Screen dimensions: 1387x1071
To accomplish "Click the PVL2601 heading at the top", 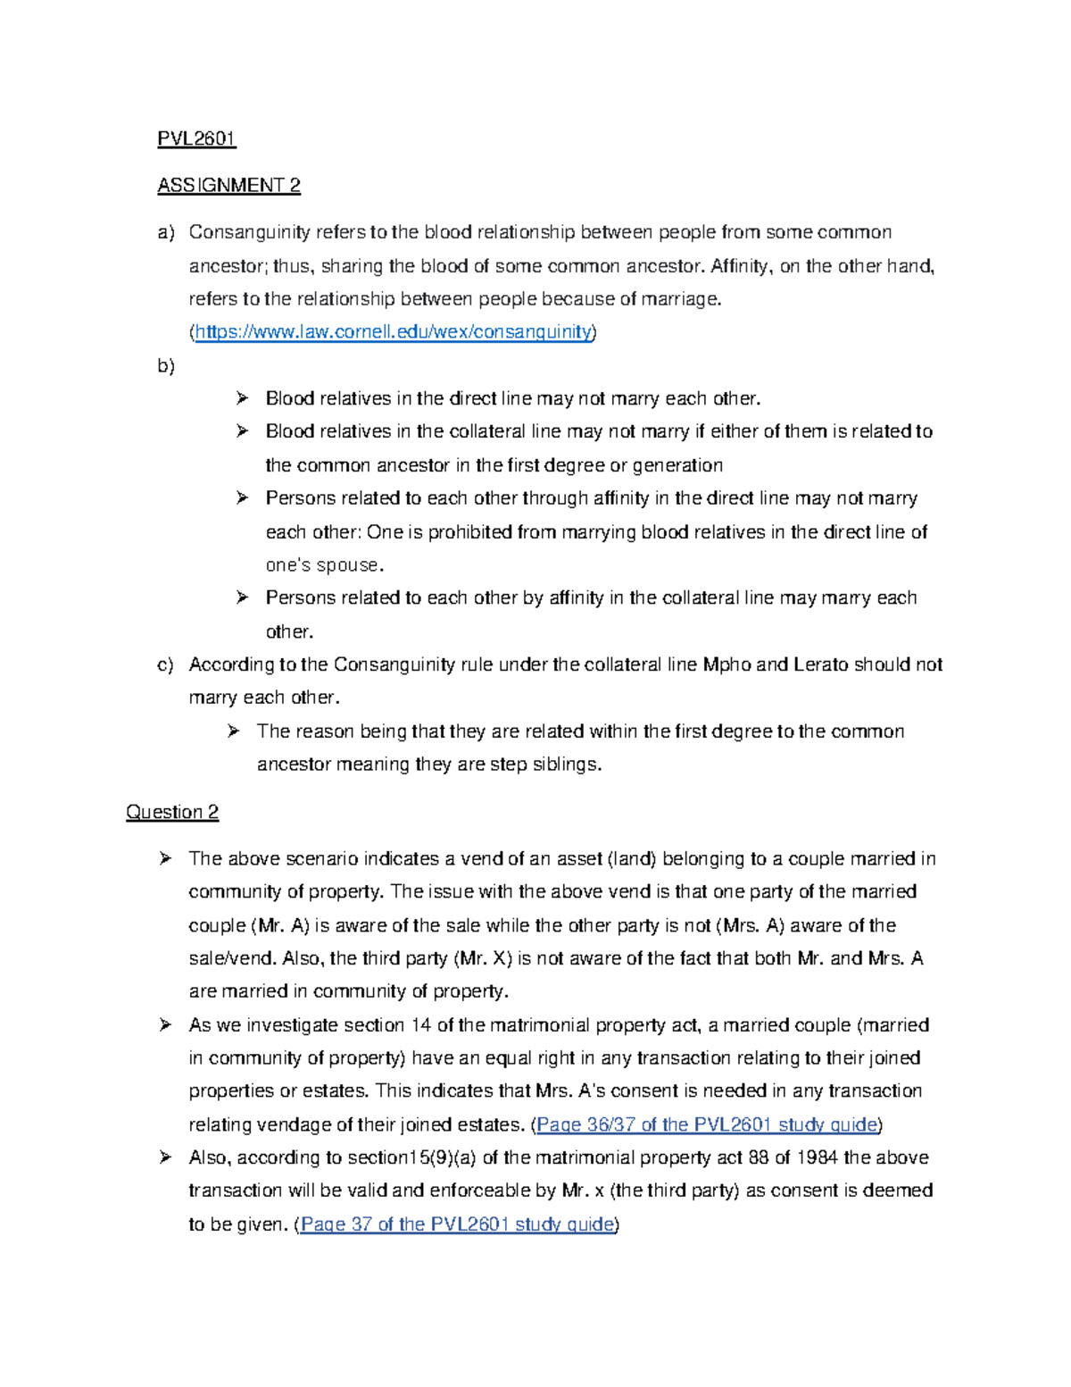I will tap(196, 138).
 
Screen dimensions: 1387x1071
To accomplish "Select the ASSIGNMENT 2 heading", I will tap(228, 186).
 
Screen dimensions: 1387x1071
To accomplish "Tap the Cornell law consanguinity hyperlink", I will tap(393, 332).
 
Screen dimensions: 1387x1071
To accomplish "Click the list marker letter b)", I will tap(166, 366).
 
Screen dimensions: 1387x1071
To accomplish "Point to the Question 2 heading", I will tap(172, 812).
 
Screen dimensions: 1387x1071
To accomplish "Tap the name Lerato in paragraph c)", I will tap(820, 664).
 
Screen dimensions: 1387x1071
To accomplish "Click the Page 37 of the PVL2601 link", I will tap(457, 1224).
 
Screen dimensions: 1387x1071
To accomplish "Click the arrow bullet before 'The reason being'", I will tap(234, 731).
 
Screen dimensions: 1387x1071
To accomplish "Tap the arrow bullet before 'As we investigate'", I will tap(165, 1024).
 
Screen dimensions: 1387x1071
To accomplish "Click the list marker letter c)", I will tap(165, 664).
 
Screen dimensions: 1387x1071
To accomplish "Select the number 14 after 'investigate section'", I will tap(420, 1025).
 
